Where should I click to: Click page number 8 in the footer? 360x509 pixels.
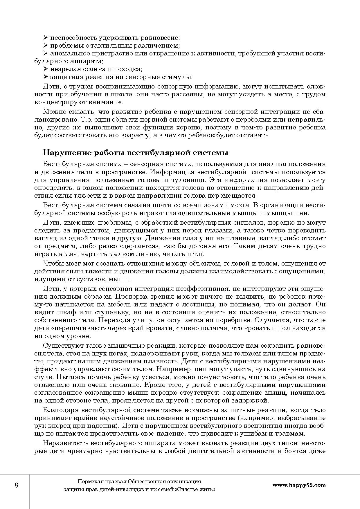(16, 485)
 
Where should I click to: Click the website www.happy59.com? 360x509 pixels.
(299, 485)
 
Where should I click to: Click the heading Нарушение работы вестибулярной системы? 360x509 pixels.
(136, 153)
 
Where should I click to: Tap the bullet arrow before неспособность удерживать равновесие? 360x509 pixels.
(45, 38)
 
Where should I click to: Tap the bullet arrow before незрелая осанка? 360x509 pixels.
(45, 69)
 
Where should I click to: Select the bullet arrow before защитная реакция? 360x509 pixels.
(45, 77)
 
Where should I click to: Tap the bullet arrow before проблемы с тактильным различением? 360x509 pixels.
(45, 46)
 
